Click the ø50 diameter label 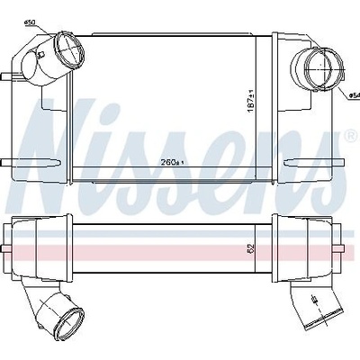pyautogui.click(x=29, y=22)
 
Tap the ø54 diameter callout pyautogui.click(x=355, y=95)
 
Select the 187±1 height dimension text pyautogui.click(x=251, y=101)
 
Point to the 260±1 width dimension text pyautogui.click(x=172, y=163)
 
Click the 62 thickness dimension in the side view pyautogui.click(x=251, y=247)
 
